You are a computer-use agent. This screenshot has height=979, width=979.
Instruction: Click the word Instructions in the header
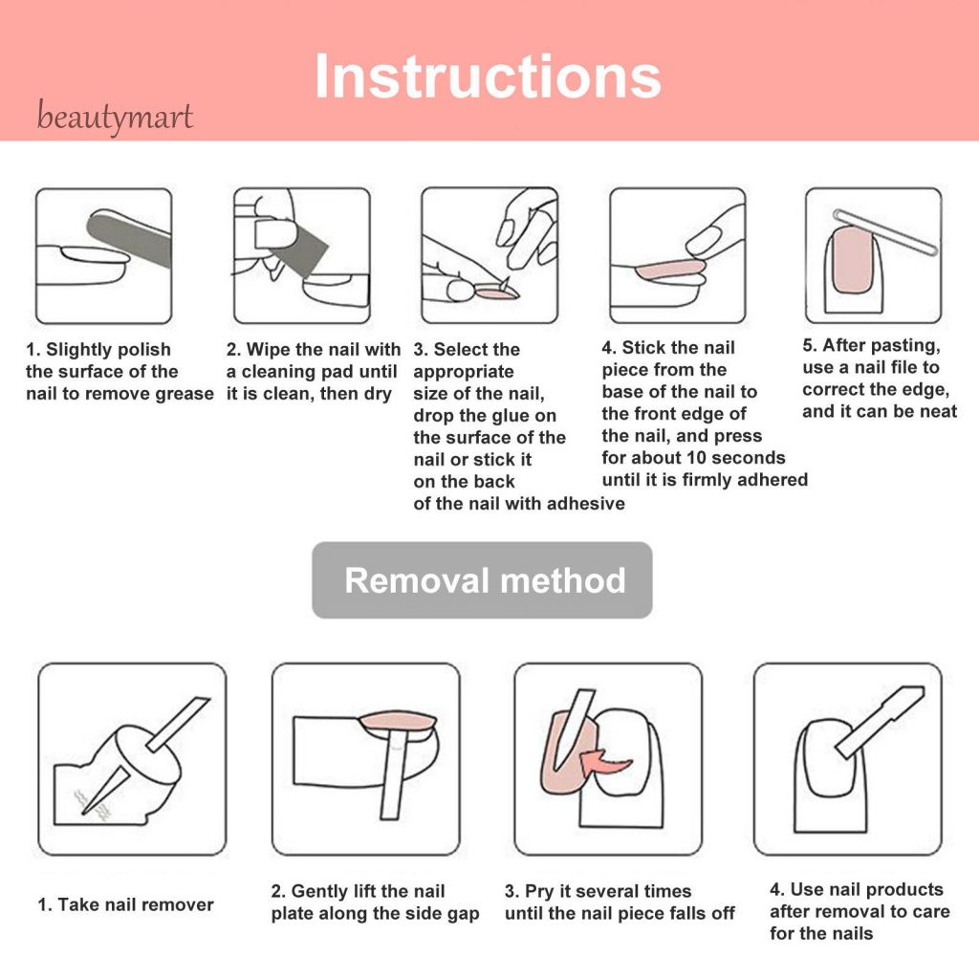click(x=488, y=76)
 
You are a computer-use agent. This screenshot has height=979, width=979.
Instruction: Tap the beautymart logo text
click(x=115, y=117)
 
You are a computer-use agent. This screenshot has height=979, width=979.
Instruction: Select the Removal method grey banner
click(x=482, y=580)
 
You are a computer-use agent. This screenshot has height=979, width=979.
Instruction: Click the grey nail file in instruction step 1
click(x=129, y=238)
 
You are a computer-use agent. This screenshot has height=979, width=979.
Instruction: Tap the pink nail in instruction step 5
click(x=853, y=260)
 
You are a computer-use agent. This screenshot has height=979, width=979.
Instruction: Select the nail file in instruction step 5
click(x=885, y=232)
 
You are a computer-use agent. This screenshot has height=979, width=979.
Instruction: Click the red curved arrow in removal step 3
click(x=604, y=762)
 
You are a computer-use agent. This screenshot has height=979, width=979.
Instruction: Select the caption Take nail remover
click(x=125, y=904)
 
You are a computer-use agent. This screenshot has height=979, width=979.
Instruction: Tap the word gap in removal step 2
click(x=463, y=915)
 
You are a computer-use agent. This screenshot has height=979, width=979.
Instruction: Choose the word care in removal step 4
click(x=929, y=912)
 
